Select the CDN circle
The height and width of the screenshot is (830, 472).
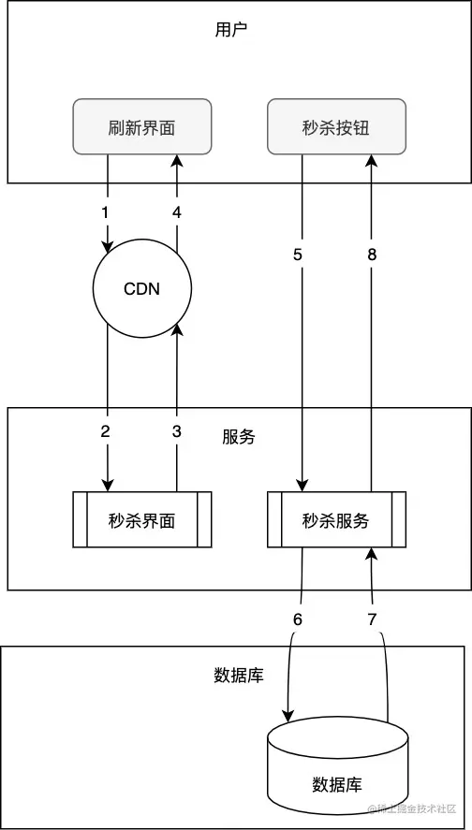[142, 288]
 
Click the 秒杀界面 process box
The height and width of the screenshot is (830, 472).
[142, 519]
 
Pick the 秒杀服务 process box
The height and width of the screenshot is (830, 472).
[336, 519]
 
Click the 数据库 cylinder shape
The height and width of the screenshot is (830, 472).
[337, 767]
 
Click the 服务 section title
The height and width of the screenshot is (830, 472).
[239, 437]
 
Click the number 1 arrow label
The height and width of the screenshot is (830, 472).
[105, 212]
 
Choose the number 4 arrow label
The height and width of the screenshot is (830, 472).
[176, 212]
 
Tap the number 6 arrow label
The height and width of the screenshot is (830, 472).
[298, 619]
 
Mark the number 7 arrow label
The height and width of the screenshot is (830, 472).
[371, 619]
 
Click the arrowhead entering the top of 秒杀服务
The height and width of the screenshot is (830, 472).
[302, 484]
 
